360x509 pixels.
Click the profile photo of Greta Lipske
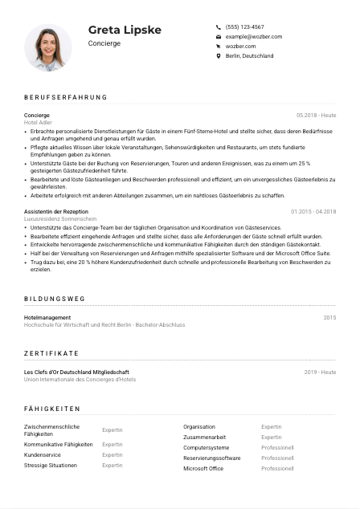[x=48, y=47]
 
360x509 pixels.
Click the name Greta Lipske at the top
[x=125, y=30]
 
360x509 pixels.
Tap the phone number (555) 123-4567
[x=245, y=26]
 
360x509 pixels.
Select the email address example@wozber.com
[x=253, y=37]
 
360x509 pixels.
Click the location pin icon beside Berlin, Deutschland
[x=219, y=56]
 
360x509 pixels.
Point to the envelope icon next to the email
[x=219, y=37]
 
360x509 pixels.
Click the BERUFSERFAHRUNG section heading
[x=65, y=97]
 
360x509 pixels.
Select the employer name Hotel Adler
[x=39, y=123]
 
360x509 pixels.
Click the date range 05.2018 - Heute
[x=316, y=116]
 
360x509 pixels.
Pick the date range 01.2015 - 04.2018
[x=313, y=211]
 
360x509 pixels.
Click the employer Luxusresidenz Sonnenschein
[x=60, y=218]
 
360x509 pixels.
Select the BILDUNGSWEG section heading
[x=54, y=299]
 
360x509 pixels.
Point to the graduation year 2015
[x=329, y=318]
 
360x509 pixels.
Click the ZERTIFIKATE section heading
[x=51, y=353]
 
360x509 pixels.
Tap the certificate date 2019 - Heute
[x=320, y=373]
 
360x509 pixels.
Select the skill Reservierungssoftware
[x=211, y=458]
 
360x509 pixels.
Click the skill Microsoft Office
[x=203, y=468]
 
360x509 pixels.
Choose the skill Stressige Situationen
[x=51, y=465]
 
